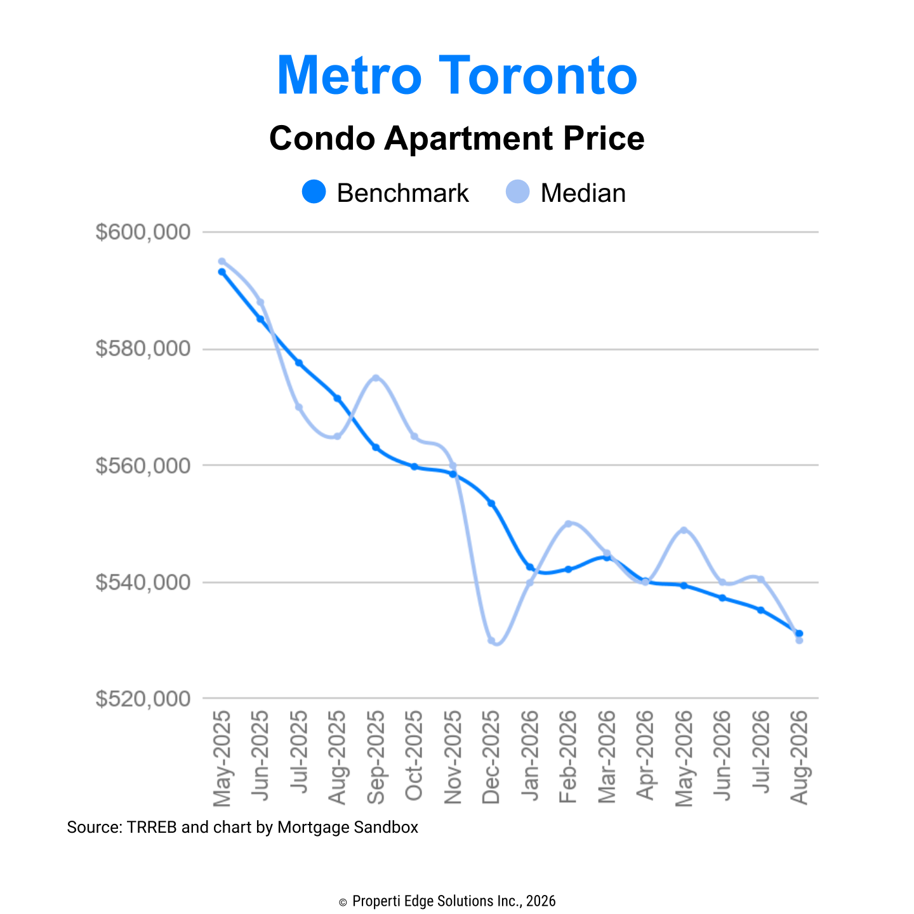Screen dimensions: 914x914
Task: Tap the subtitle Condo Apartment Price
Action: click(x=457, y=138)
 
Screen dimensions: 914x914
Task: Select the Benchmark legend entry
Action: click(x=385, y=192)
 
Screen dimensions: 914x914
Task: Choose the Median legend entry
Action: click(x=566, y=192)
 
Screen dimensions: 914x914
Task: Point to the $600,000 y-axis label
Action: click(x=143, y=232)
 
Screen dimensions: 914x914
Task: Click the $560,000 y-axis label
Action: click(x=143, y=465)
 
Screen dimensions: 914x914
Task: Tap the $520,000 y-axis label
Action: click(x=143, y=699)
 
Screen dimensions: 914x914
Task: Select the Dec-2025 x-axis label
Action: click(x=491, y=757)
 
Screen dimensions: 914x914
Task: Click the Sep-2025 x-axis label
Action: click(x=376, y=757)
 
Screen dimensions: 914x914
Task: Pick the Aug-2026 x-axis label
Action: click(x=798, y=757)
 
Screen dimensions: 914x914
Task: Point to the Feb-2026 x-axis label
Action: click(x=567, y=757)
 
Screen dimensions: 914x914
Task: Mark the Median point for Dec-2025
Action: click(x=491, y=641)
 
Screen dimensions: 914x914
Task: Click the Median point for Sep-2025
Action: click(x=376, y=378)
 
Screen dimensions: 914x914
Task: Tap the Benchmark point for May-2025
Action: click(x=222, y=272)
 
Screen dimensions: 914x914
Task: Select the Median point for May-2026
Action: click(x=684, y=530)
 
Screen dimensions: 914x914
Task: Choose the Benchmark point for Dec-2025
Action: click(x=491, y=503)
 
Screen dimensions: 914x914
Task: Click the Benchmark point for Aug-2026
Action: click(x=798, y=633)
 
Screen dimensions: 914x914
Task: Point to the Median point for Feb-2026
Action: click(x=568, y=524)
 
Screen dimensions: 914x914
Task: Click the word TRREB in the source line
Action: click(x=152, y=828)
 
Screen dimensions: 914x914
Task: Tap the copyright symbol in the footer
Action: click(x=343, y=902)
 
